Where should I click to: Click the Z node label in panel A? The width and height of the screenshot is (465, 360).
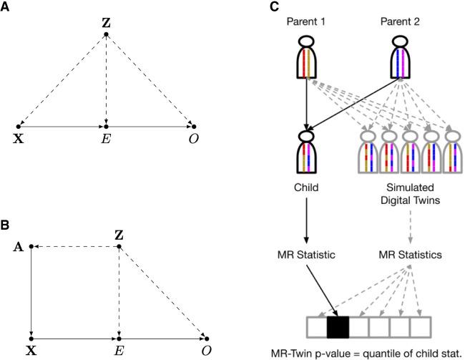point(106,24)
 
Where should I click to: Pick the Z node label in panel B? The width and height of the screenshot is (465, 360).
point(119,235)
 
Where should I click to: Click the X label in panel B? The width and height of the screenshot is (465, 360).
point(31,351)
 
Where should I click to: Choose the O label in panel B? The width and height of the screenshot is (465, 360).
point(206,351)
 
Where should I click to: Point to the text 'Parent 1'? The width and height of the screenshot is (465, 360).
point(307,23)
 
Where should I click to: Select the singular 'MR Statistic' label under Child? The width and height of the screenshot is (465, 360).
point(307,254)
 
